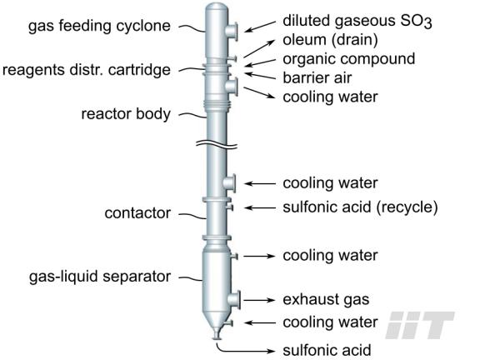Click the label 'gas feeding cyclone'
99,26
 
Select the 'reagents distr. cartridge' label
87,70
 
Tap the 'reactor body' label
126,114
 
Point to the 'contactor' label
137,213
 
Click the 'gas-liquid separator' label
100,277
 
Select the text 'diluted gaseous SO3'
357,22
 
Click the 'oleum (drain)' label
330,40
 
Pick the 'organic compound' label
349,59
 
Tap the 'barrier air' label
317,77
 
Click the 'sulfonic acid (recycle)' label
360,207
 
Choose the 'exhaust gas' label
326,300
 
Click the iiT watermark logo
420,325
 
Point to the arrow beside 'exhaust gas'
260,300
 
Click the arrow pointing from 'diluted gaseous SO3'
260,27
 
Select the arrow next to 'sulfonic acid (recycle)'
260,207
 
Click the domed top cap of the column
217,8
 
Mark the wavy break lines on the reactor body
217,144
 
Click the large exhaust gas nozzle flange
237,300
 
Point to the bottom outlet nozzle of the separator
217,334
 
